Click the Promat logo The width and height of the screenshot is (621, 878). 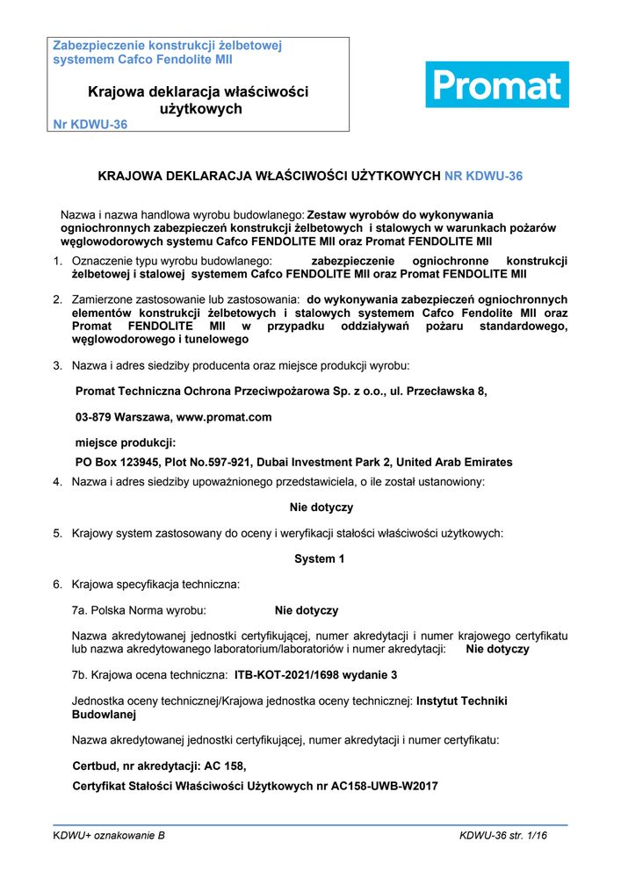tap(497, 85)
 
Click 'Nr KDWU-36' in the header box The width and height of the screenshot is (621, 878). tap(90, 125)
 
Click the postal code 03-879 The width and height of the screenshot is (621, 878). tap(94, 417)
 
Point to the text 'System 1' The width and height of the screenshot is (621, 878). tap(314, 558)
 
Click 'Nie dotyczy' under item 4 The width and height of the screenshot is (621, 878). tap(321, 507)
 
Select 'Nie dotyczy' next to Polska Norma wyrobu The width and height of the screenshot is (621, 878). tap(307, 610)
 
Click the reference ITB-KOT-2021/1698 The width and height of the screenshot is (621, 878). tap(292, 675)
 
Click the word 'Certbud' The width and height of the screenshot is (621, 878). tap(94, 766)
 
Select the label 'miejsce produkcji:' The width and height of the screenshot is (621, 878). tap(126, 443)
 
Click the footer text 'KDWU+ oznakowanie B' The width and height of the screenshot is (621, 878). tap(109, 837)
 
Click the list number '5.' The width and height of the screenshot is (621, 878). tap(57, 533)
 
